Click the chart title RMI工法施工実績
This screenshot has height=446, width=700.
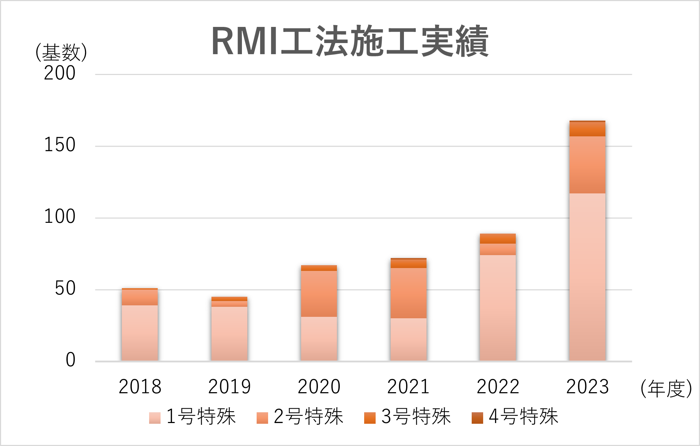(350, 42)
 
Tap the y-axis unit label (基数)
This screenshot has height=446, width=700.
(61, 53)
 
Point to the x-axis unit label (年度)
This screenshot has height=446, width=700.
(666, 388)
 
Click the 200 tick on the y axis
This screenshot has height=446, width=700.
(59, 73)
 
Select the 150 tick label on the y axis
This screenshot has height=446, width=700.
(59, 145)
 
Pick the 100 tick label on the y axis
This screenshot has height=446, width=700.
(59, 217)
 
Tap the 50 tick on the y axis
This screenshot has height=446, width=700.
(65, 288)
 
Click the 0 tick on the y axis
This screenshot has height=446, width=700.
(71, 360)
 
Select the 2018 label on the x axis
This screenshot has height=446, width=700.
(140, 387)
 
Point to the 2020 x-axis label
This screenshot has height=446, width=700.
(319, 387)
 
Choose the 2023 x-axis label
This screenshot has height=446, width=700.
(587, 387)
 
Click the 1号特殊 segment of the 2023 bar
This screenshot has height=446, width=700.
(587, 276)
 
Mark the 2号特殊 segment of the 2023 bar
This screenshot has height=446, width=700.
(587, 165)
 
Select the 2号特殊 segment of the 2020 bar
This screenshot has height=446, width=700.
(319, 294)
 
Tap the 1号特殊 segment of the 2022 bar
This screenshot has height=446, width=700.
(498, 307)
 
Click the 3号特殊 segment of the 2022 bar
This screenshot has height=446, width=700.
(498, 239)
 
